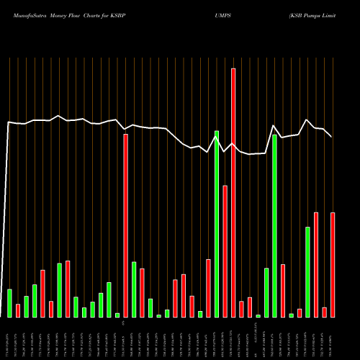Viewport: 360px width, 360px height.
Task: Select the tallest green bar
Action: point(217,224)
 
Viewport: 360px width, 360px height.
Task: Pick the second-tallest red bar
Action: point(125,225)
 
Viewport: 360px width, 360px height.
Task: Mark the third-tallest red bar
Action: point(225,251)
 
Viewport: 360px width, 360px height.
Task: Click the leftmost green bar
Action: point(9,303)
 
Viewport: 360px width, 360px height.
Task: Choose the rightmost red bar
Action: point(333,265)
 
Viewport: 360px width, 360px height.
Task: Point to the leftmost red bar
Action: point(18,310)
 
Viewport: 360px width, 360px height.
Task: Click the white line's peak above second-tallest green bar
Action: point(274,126)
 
